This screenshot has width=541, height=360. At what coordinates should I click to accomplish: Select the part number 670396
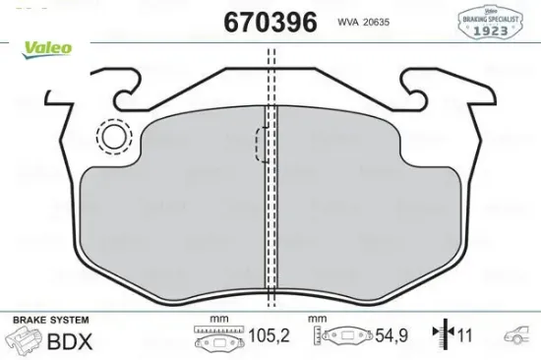pyautogui.click(x=270, y=23)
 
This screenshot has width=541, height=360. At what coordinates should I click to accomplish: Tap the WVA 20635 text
pyautogui.click(x=362, y=23)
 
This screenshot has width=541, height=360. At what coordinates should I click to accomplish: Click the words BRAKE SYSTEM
pyautogui.click(x=50, y=321)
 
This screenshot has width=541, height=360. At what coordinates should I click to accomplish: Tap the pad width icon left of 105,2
pyautogui.click(x=218, y=339)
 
